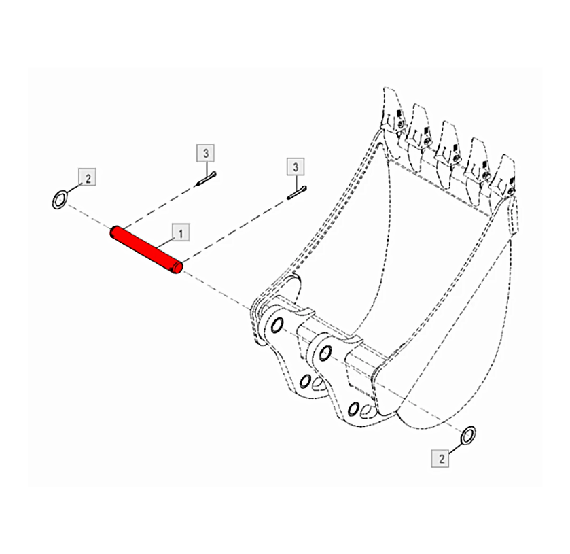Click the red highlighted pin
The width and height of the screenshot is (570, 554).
[x=146, y=250]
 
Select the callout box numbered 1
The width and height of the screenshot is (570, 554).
[x=181, y=232]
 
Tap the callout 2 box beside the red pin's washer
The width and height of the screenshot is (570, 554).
[x=87, y=177]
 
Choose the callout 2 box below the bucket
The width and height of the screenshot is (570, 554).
[x=440, y=458]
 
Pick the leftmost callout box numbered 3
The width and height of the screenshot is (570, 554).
[x=205, y=153]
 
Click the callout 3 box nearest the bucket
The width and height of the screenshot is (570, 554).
[x=296, y=167]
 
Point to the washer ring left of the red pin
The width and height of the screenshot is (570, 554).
[x=60, y=199]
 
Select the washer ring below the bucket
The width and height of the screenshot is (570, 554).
[x=468, y=435]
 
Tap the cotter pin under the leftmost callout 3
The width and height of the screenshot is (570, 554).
[x=207, y=179]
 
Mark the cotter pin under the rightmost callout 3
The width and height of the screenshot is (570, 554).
[x=297, y=193]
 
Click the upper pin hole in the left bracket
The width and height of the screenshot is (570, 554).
[x=277, y=324]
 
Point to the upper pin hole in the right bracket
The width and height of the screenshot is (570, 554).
[x=325, y=353]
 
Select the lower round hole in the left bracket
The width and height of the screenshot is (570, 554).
[x=305, y=381]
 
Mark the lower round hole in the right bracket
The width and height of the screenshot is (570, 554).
[x=353, y=409]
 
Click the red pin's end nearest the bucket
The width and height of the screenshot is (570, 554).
[x=178, y=267]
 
